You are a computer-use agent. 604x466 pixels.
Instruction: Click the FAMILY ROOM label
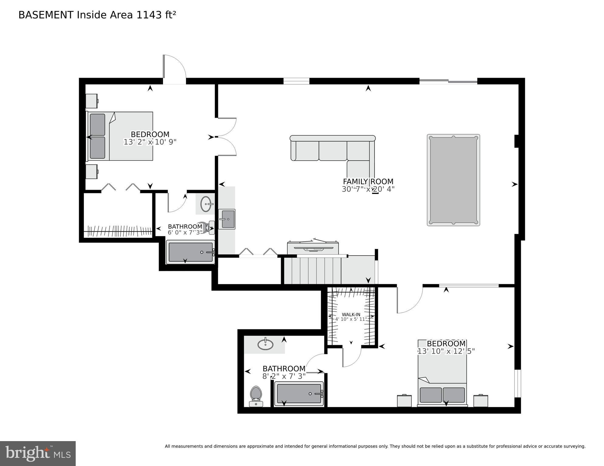pos(368,182)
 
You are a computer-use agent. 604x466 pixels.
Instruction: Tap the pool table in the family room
pos(453,180)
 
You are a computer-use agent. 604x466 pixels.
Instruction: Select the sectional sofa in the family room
pos(333,150)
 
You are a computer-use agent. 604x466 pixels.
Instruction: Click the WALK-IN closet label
pos(351,315)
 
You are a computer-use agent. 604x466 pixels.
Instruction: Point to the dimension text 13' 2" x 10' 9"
pos(150,142)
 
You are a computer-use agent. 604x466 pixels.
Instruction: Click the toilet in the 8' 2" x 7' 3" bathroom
pos(256,396)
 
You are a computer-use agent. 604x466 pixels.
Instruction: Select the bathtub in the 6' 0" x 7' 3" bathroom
pos(190,252)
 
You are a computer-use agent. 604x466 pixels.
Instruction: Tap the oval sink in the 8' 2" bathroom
pos(265,344)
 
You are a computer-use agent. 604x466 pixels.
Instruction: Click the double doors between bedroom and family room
pos(226,137)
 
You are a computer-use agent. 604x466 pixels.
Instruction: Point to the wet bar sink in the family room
pos(226,219)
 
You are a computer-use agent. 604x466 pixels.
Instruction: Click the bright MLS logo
pos(38,453)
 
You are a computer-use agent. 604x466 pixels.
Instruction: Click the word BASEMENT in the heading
pos(46,15)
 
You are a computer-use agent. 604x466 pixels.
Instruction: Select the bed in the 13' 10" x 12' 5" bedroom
pos(442,373)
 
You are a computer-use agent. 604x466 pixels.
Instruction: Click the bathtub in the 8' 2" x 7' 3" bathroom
pos(299,394)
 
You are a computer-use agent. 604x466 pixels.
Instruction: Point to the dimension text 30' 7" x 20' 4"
pos(368,189)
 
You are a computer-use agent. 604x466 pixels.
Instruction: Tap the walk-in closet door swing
pos(352,356)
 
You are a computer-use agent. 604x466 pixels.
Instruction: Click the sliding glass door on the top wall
pos(448,81)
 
